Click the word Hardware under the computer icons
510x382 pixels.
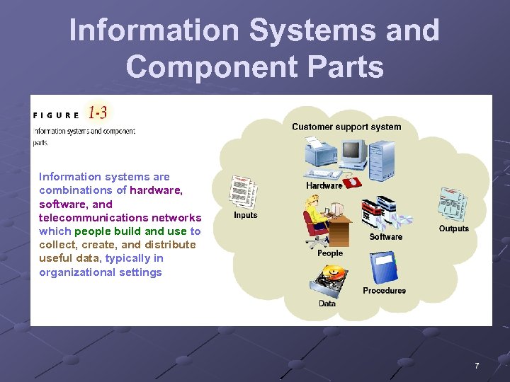(324, 185)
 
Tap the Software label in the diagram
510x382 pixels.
(385, 237)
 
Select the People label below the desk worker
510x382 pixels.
(329, 253)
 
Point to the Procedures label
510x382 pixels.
(384, 291)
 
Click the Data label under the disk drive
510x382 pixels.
(327, 303)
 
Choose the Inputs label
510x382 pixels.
(246, 215)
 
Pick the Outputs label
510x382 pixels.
(453, 228)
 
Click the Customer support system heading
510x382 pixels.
(346, 127)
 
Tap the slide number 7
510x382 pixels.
(477, 366)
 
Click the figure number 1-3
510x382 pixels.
(98, 112)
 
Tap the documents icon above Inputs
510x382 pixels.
(243, 191)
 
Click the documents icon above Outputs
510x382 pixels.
(453, 204)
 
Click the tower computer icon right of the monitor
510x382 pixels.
(381, 158)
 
